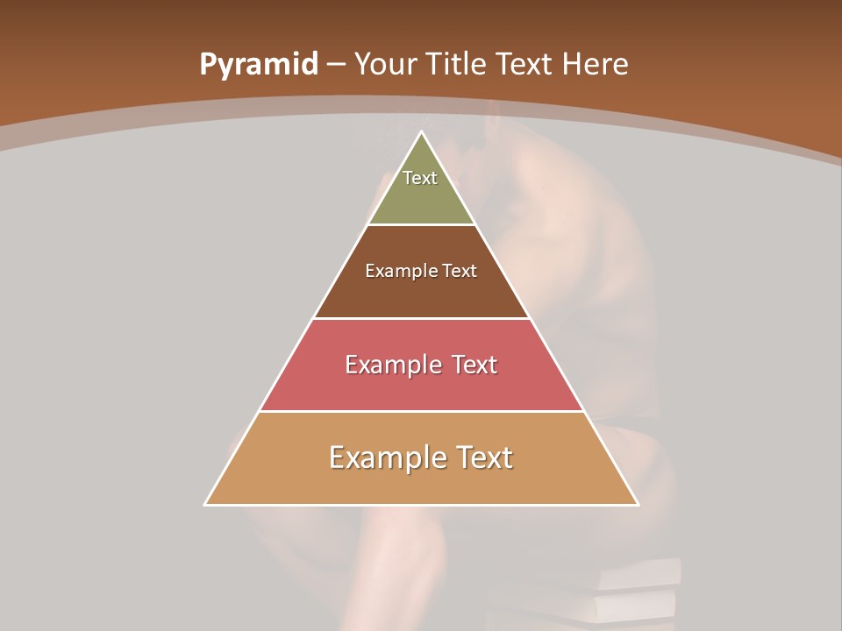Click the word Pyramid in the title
(x=259, y=64)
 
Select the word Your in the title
(x=385, y=64)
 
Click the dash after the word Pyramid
(x=336, y=65)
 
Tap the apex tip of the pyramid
(x=421, y=133)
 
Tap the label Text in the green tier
(x=420, y=178)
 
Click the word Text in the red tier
(x=475, y=365)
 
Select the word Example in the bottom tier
(x=381, y=457)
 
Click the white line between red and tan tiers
(x=421, y=411)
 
